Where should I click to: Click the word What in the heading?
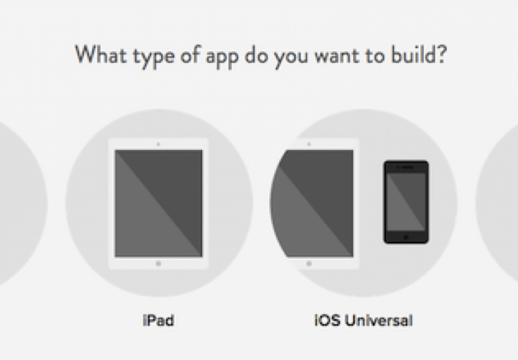tap(101, 55)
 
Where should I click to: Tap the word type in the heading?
tap(153, 57)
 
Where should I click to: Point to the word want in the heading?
tap(336, 56)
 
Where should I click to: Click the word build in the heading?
tap(412, 55)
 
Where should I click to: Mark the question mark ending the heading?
tap(441, 55)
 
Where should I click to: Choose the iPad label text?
tap(158, 320)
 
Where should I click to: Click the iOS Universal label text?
tap(363, 320)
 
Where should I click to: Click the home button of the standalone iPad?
tap(158, 264)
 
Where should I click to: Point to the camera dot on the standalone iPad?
tap(158, 144)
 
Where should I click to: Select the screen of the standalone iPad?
tap(158, 203)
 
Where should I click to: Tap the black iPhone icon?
tap(406, 202)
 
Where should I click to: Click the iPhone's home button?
tap(406, 237)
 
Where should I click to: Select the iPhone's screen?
tap(406, 202)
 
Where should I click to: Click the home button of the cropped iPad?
tap(309, 264)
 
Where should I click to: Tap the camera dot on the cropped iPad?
tap(309, 144)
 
